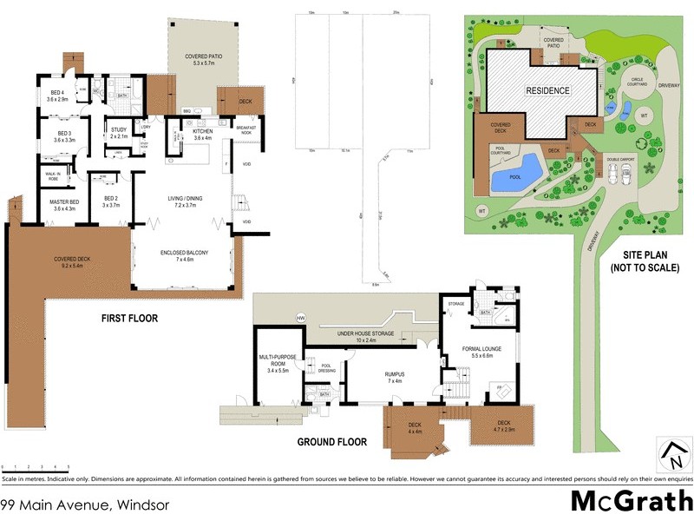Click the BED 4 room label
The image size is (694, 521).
pyautogui.click(x=57, y=96)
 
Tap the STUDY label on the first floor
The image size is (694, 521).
pyautogui.click(x=119, y=133)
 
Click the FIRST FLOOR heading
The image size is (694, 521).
pyautogui.click(x=128, y=319)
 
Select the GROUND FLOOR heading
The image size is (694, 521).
pyautogui.click(x=332, y=442)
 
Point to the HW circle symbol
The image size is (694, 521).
pyautogui.click(x=301, y=316)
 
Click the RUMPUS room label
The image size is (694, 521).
pyautogui.click(x=395, y=376)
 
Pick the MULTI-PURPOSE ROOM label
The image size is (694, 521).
pyautogui.click(x=278, y=360)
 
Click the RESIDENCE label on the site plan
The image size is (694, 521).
pyautogui.click(x=547, y=90)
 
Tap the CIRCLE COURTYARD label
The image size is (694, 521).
pyautogui.click(x=638, y=82)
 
